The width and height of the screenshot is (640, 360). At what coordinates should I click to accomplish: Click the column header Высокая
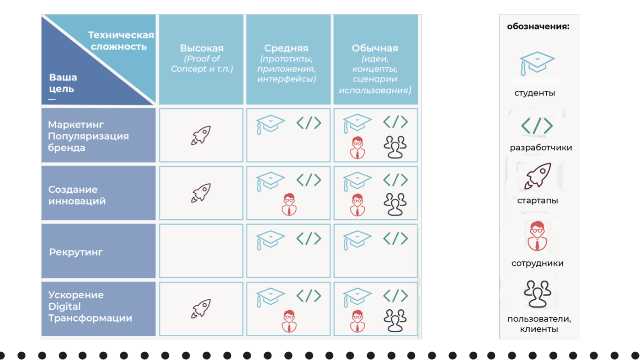click(x=202, y=48)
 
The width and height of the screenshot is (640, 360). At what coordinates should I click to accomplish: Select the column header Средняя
click(x=286, y=48)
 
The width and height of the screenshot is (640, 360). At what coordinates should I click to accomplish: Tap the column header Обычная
click(x=375, y=48)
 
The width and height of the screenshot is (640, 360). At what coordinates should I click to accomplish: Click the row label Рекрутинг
click(x=76, y=252)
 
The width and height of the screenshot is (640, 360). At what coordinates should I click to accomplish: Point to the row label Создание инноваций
click(x=77, y=195)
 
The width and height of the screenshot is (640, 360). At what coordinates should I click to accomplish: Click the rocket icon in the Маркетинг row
click(x=201, y=135)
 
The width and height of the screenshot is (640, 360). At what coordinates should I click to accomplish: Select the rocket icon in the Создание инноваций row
click(x=201, y=193)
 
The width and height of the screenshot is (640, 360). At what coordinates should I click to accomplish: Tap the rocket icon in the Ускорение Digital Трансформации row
click(x=201, y=309)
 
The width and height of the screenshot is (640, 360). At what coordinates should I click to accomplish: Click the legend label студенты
click(x=534, y=93)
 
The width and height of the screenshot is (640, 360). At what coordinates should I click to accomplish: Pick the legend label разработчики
click(x=541, y=148)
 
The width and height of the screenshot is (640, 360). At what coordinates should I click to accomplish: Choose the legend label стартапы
click(x=538, y=201)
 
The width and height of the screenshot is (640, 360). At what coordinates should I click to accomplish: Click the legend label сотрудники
click(x=538, y=263)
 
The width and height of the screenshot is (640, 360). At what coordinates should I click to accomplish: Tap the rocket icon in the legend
click(x=538, y=176)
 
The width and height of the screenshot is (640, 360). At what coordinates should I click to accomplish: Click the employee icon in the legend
click(x=537, y=236)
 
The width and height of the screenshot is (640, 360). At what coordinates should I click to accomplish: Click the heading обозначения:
click(x=538, y=26)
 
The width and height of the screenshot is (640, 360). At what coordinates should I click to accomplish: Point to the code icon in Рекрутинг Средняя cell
click(x=309, y=238)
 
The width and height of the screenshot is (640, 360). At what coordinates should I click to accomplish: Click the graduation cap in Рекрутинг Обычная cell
click(x=357, y=239)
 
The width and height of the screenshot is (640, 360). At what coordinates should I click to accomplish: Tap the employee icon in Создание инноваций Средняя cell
click(x=289, y=204)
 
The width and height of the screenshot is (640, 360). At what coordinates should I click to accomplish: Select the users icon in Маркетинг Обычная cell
click(x=395, y=147)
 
